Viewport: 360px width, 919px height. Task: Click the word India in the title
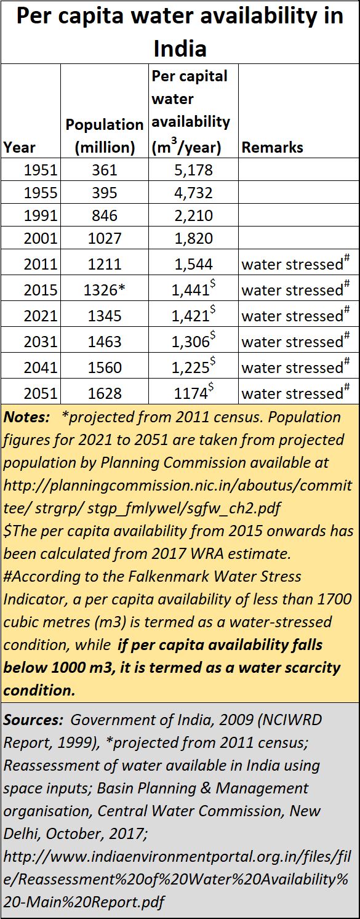[180, 49]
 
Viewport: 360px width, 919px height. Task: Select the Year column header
[19, 147]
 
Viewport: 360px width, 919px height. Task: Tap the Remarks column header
[272, 147]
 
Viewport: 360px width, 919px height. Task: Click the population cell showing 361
[105, 170]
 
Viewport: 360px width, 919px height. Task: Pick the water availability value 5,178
[193, 170]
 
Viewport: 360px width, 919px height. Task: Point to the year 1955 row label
[41, 193]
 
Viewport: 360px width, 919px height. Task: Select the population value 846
[105, 215]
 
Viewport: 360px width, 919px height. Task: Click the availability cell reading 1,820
[193, 238]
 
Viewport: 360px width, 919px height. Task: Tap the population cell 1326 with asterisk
[105, 290]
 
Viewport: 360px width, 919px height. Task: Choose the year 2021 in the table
[41, 316]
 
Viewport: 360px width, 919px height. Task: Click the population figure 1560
[105, 367]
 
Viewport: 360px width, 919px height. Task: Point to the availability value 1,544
[193, 264]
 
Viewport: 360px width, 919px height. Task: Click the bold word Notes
[26, 417]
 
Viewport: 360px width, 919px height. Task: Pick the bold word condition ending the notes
[39, 691]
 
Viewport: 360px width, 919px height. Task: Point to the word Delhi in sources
[22, 833]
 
